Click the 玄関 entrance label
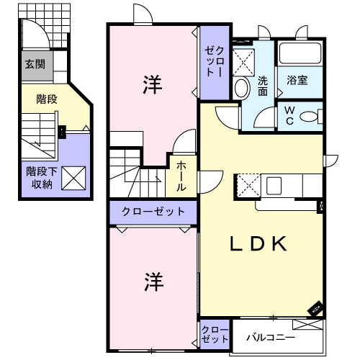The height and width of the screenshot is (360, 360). (35, 64)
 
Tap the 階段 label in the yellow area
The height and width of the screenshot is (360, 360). (47, 99)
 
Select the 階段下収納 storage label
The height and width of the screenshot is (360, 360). (42, 178)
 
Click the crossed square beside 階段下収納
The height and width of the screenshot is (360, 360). (73, 179)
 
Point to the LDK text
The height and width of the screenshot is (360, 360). (258, 243)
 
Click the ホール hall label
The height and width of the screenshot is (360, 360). (181, 176)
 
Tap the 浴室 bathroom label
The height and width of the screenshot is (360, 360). (297, 80)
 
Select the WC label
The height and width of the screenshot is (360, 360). (289, 116)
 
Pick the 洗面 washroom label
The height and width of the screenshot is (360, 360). (263, 86)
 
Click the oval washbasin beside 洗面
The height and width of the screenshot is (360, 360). (243, 88)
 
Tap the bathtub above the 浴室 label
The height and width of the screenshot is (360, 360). (300, 53)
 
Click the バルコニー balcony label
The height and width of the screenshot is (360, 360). (271, 337)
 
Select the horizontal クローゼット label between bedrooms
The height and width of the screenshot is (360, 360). (153, 212)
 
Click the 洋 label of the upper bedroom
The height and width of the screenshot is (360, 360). (153, 84)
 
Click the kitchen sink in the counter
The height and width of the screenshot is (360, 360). (274, 186)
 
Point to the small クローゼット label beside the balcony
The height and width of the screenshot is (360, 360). (215, 334)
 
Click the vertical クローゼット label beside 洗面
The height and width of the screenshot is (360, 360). (215, 62)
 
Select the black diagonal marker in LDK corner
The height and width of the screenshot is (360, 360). (315, 308)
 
